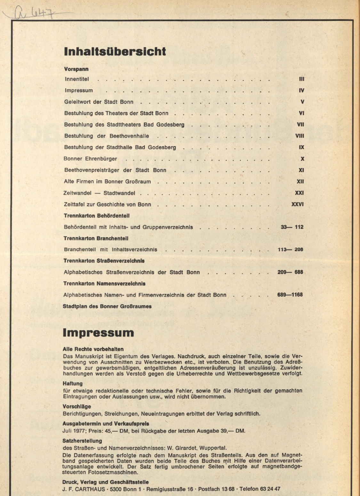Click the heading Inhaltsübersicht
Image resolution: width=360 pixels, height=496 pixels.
(x=115, y=52)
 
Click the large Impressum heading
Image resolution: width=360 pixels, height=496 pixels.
(x=98, y=333)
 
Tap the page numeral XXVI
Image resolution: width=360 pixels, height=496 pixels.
(x=297, y=204)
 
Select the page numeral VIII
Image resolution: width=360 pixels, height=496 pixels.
(x=299, y=136)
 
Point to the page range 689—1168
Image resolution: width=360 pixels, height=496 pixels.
(x=290, y=295)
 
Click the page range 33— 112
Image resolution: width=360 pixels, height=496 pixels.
(x=292, y=227)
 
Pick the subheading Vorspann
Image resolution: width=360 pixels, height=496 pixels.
(x=76, y=69)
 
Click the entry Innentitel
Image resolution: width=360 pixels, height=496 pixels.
(x=77, y=79)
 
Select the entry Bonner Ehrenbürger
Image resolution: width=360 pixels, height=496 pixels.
(x=90, y=159)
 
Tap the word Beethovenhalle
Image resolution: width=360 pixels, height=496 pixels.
(x=129, y=136)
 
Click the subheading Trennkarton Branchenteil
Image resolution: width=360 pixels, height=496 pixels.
(x=96, y=238)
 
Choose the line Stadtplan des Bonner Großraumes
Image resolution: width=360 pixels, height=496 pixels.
(x=107, y=306)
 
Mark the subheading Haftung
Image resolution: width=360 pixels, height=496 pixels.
(x=73, y=383)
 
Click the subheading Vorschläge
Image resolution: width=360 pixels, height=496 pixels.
(x=77, y=406)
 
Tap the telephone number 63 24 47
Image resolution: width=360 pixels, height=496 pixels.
(x=270, y=489)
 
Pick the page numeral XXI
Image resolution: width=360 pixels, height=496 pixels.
(x=299, y=193)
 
